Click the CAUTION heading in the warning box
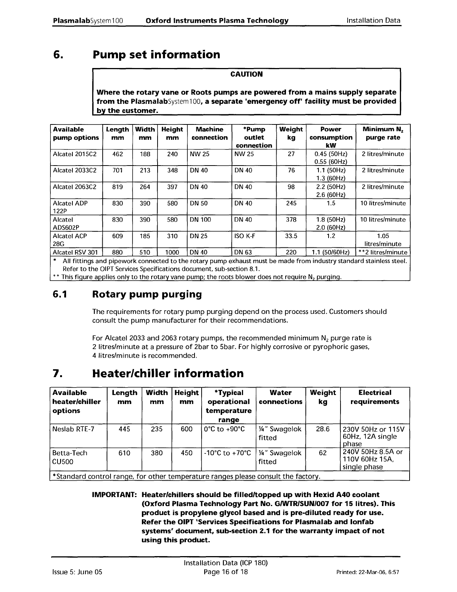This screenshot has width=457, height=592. pyautogui.click(x=246, y=74)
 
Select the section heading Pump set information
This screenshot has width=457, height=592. pyautogui.click(x=156, y=55)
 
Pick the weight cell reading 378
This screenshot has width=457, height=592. pyautogui.click(x=291, y=220)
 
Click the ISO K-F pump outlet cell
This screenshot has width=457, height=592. pyautogui.click(x=245, y=236)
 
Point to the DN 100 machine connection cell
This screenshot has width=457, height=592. pyautogui.click(x=200, y=220)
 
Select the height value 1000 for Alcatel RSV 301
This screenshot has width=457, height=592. pyautogui.click(x=172, y=252)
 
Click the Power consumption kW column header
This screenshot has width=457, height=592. pyautogui.click(x=331, y=137)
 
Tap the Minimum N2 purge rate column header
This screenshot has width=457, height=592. pyautogui.click(x=383, y=133)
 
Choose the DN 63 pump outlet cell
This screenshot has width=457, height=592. pyautogui.click(x=243, y=252)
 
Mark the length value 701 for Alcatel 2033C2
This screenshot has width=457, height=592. pyautogui.click(x=117, y=170)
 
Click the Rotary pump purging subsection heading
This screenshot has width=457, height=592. pyautogui.click(x=147, y=295)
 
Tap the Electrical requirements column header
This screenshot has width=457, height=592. pyautogui.click(x=375, y=397)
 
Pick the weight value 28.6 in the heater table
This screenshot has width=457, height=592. pyautogui.click(x=323, y=429)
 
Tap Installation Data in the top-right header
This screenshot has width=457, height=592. pyautogui.click(x=373, y=21)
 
